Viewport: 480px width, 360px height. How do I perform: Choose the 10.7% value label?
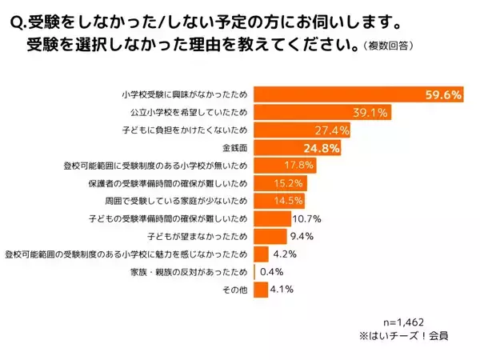point(307,218)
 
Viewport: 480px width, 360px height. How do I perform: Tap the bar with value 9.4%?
point(270,236)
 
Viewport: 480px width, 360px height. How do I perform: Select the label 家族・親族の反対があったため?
point(192,271)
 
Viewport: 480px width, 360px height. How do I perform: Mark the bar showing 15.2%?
point(280,183)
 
